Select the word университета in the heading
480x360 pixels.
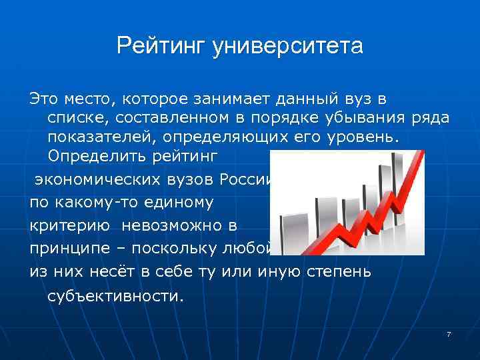click(288, 47)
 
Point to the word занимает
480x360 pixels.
click(241, 99)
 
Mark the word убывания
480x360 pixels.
click(367, 119)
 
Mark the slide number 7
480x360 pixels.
click(449, 333)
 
